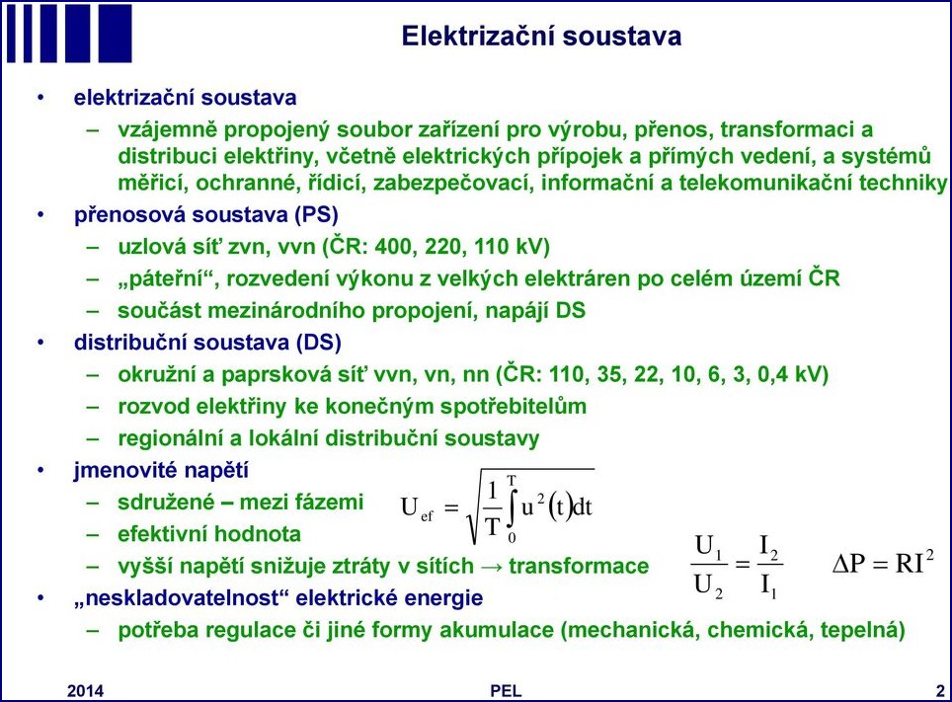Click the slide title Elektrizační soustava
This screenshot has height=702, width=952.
[541, 36]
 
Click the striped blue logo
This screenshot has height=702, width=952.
[69, 34]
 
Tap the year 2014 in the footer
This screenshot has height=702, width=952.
[85, 690]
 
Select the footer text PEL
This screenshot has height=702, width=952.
[506, 690]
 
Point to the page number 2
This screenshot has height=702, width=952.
[940, 690]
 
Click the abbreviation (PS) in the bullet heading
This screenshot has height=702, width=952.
[316, 215]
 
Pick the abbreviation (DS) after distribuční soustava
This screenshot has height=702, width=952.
[319, 343]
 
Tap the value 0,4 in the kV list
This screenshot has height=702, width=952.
[772, 374]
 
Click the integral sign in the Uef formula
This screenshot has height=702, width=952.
[512, 508]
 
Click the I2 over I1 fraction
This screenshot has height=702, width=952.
[768, 566]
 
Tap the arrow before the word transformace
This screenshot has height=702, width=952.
[491, 567]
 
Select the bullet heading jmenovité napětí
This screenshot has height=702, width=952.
[161, 471]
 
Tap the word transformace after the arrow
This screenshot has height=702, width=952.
[579, 566]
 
